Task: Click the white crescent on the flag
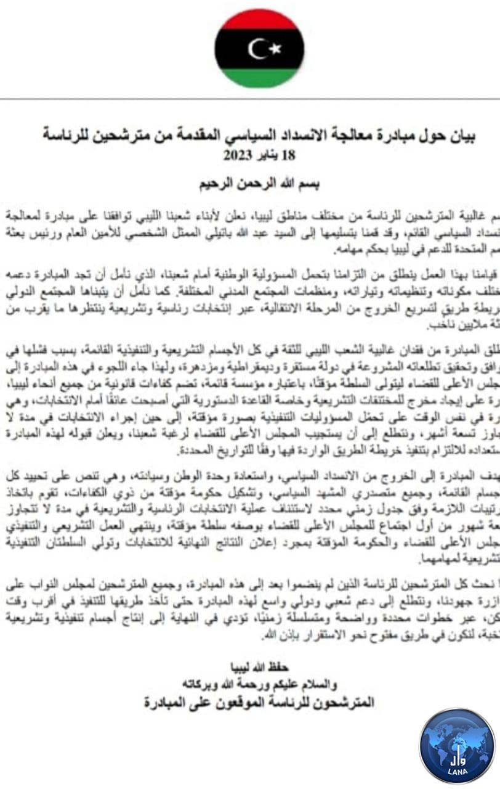(256, 48)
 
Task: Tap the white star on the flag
(275, 47)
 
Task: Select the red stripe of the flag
(259, 20)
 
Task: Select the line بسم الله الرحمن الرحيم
(259, 185)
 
